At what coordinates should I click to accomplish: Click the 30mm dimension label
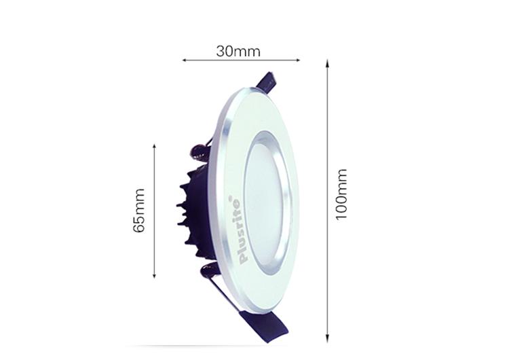pyautogui.click(x=238, y=52)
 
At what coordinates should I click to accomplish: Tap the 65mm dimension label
pyautogui.click(x=138, y=210)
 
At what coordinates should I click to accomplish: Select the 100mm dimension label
pyautogui.click(x=341, y=195)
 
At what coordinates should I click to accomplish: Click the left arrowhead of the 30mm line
pyautogui.click(x=184, y=60)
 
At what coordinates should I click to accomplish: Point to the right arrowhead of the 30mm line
pyautogui.click(x=298, y=60)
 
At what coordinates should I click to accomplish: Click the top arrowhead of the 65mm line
pyautogui.click(x=154, y=147)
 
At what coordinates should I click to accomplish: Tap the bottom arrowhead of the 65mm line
pyautogui.click(x=154, y=276)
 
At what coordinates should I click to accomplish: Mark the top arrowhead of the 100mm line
pyautogui.click(x=328, y=63)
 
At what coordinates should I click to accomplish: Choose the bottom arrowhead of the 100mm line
pyautogui.click(x=328, y=339)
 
